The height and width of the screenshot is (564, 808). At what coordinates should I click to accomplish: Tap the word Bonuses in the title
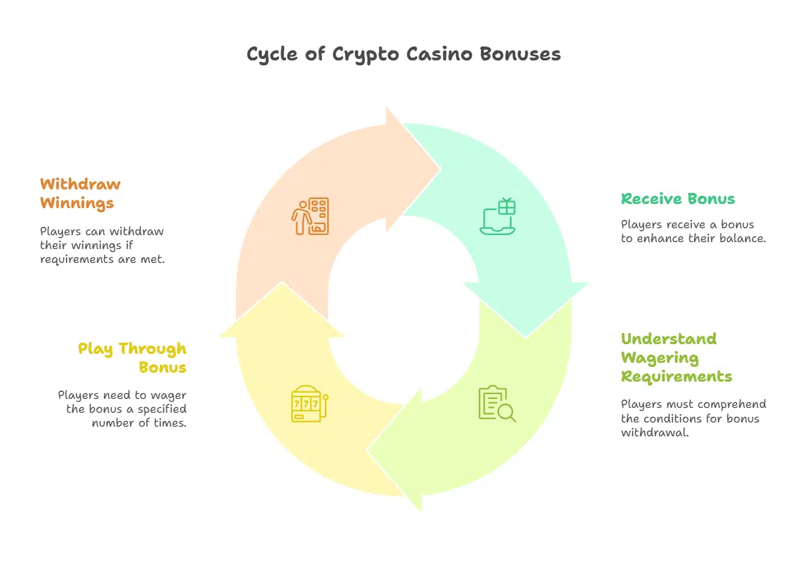click(521, 54)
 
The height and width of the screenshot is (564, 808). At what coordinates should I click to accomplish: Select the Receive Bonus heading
click(677, 199)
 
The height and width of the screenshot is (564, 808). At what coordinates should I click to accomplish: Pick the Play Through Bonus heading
click(132, 357)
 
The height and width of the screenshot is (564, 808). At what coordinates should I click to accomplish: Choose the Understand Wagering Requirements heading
click(676, 358)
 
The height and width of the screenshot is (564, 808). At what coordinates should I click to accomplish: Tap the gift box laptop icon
click(498, 216)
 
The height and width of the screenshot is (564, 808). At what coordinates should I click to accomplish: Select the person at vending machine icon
click(309, 216)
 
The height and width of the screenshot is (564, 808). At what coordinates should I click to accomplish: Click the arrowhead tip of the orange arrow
click(439, 169)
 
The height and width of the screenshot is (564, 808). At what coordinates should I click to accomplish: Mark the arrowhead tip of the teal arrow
click(525, 336)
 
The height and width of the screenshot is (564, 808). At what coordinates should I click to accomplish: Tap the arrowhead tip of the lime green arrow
click(369, 451)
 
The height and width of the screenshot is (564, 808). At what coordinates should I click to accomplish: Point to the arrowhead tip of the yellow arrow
click(281, 283)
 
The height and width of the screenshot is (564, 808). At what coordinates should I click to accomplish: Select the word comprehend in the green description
click(732, 404)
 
